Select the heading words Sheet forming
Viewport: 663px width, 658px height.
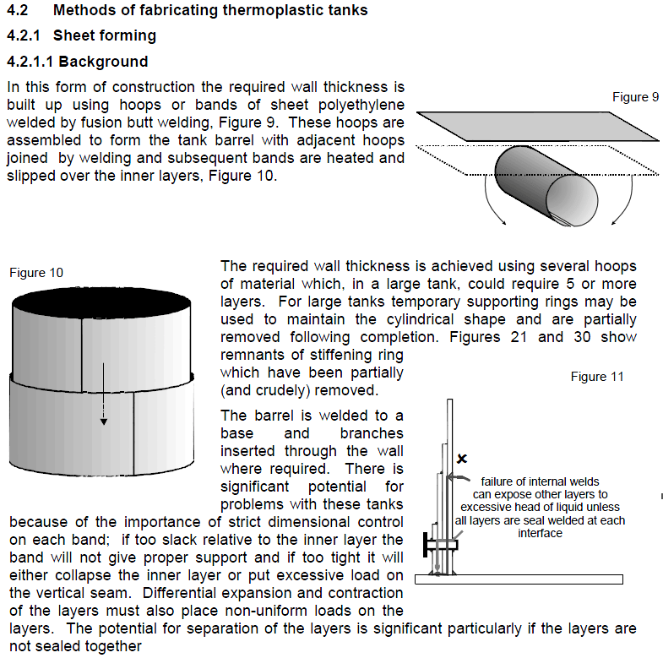[104, 36]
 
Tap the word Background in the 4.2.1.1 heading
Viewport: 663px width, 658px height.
[103, 62]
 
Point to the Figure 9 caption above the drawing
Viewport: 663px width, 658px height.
[634, 97]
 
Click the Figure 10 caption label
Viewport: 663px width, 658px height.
[36, 273]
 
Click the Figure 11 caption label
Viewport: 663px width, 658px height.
[596, 377]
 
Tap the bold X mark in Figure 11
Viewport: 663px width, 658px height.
[461, 459]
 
